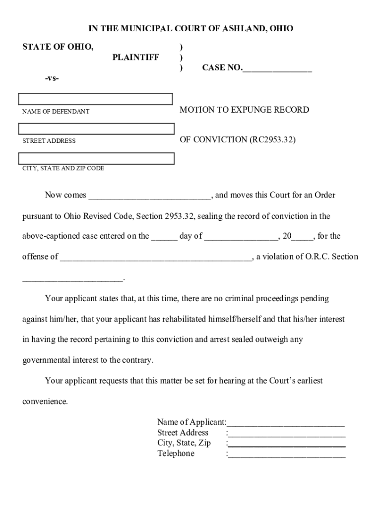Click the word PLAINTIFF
click(x=135, y=58)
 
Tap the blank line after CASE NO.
click(x=277, y=68)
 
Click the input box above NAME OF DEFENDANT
click(x=95, y=99)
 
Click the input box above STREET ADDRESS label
click(x=96, y=129)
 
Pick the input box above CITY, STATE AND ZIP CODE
click(x=96, y=158)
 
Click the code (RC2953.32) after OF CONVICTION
click(x=272, y=139)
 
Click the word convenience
click(x=45, y=401)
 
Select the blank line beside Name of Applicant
click(x=286, y=423)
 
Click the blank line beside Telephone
click(x=287, y=454)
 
